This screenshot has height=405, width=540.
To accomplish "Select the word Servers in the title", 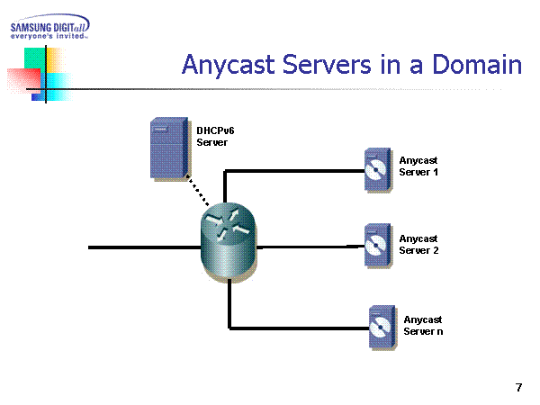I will pos(346,66).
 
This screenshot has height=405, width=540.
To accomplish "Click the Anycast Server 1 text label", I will pos(418,166).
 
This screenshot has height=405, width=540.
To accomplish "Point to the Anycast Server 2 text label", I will pos(418,244).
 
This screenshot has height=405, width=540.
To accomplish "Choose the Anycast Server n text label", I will pos(423,325).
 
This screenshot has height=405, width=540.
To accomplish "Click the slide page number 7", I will pos(518,388).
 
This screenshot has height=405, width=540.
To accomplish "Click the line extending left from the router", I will pos(144,246).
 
